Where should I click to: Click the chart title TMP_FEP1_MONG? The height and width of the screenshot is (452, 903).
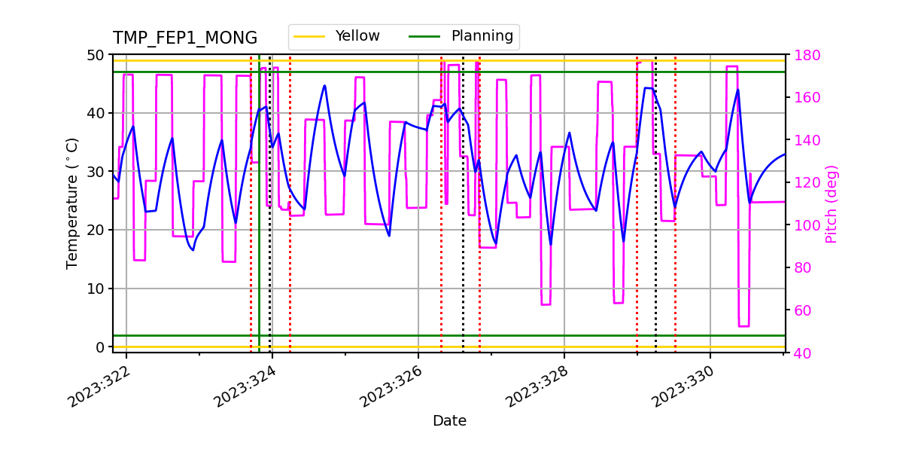pyautogui.click(x=185, y=38)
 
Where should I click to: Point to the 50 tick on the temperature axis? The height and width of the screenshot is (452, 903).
pyautogui.click(x=97, y=55)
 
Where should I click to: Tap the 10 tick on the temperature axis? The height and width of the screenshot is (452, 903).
pyautogui.click(x=97, y=289)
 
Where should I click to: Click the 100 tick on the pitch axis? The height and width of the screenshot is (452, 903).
pyautogui.click(x=803, y=225)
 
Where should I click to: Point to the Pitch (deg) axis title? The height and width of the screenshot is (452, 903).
pyautogui.click(x=832, y=203)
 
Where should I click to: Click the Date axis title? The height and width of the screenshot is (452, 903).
pyautogui.click(x=449, y=421)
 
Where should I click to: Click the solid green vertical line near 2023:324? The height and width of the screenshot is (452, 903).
pyautogui.click(x=259, y=226)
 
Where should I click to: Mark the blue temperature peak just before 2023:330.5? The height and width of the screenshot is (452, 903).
pyautogui.click(x=737, y=90)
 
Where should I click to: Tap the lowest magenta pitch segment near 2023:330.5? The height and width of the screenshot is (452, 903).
pyautogui.click(x=743, y=326)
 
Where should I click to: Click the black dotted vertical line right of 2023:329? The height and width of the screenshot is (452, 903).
pyautogui.click(x=655, y=226)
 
